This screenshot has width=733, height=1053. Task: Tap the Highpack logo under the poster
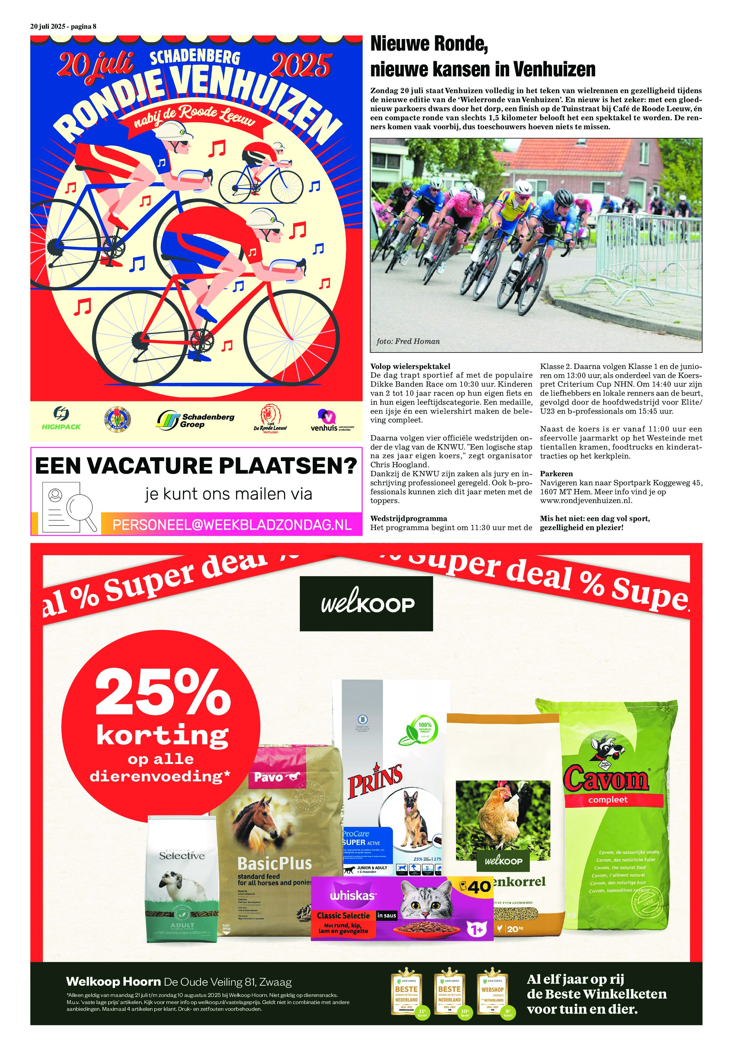pos(61,418)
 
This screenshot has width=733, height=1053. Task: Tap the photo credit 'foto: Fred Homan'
pos(408,341)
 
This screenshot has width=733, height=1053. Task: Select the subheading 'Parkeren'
pos(557,474)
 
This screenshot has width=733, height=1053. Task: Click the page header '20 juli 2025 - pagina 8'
pos(63,26)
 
